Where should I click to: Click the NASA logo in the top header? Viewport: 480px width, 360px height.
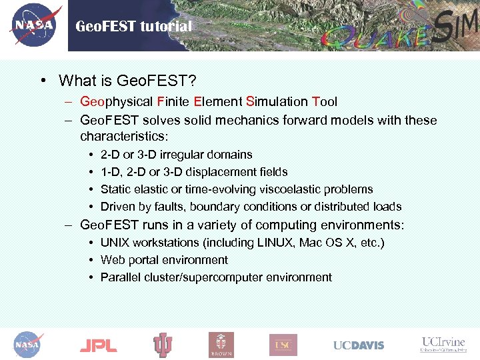(x=34, y=25)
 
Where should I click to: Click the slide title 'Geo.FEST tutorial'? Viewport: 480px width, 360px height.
(x=133, y=27)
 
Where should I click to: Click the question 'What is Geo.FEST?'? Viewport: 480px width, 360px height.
(x=127, y=81)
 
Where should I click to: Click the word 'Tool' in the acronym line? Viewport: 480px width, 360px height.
(x=325, y=102)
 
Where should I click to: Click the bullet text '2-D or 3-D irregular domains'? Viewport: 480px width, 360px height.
(x=176, y=155)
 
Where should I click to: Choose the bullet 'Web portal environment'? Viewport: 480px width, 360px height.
(x=164, y=260)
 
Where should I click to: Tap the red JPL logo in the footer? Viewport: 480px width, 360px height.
(x=98, y=345)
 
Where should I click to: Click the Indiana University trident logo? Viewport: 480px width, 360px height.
(x=163, y=345)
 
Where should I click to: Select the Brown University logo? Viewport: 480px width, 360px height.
(x=221, y=345)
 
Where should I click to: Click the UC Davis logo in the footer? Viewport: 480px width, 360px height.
(x=359, y=345)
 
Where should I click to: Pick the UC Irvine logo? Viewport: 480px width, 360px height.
(x=443, y=344)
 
